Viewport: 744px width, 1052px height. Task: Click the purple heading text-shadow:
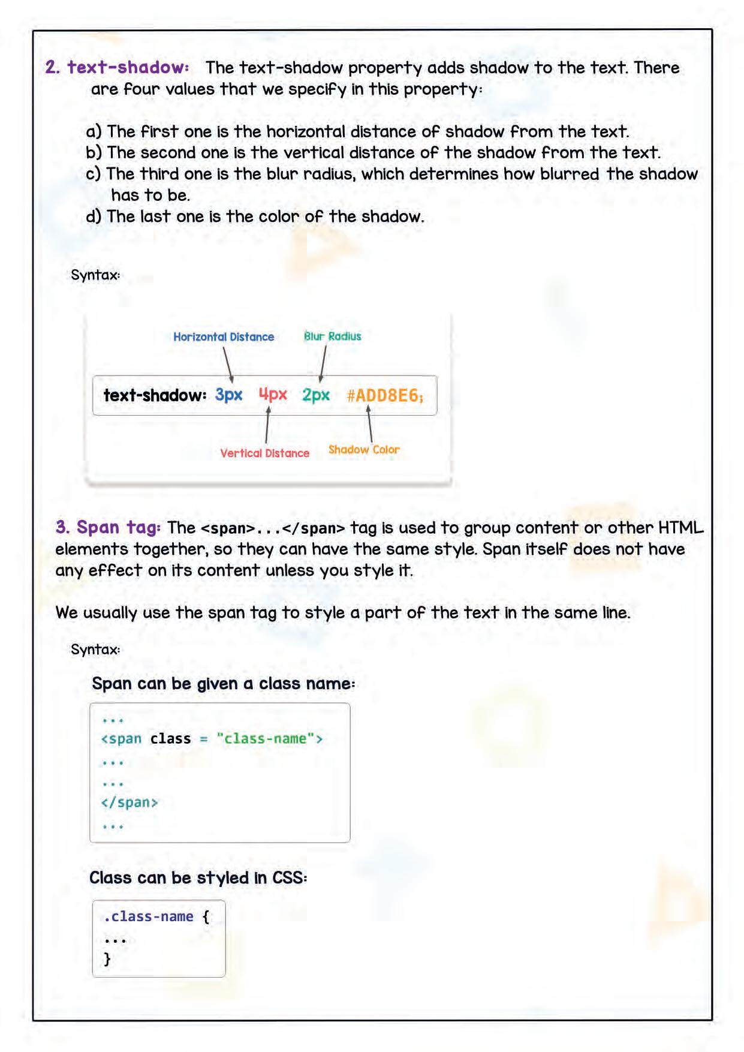pos(128,67)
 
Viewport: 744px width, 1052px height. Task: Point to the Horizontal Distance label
pos(224,337)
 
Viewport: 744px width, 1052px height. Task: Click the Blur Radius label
pos(333,336)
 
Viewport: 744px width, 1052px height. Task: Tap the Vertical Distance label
pos(264,453)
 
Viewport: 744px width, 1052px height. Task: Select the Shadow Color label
pos(364,450)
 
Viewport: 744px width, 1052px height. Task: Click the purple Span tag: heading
pos(108,528)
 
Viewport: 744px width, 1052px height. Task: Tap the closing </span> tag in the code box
pos(129,802)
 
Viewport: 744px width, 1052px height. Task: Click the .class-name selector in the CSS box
pos(149,916)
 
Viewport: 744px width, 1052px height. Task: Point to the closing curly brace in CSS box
pos(107,959)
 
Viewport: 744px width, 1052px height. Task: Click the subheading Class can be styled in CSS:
pos(198,878)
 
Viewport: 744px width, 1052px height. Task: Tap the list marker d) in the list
pos(94,217)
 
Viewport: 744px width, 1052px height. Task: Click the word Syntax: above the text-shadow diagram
pos(95,275)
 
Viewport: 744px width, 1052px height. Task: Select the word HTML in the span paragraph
pos(680,528)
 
